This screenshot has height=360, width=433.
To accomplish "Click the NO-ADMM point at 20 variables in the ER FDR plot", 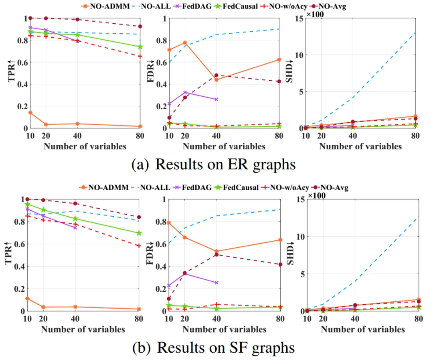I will pos(185,43).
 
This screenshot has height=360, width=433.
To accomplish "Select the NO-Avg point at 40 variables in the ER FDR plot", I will pos(216,75).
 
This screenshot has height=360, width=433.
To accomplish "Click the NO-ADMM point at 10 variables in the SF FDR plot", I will pos(169,223).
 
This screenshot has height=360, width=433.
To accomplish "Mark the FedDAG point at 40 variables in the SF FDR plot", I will pos(216,283).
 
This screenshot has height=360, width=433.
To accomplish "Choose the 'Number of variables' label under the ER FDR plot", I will pos(224,146).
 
